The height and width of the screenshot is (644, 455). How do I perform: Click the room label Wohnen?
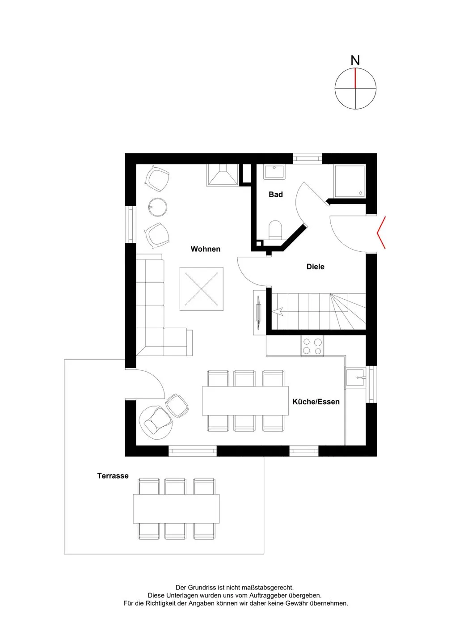click(206, 249)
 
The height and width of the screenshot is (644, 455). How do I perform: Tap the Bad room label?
click(275, 195)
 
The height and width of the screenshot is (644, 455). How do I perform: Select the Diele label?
click(315, 267)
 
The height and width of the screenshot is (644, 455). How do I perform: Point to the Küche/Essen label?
click(316, 402)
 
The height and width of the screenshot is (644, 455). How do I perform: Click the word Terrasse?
click(113, 476)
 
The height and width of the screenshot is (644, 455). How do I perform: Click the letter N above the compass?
click(355, 60)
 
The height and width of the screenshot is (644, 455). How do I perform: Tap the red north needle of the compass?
click(355, 78)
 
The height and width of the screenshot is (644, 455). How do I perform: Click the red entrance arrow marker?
click(381, 233)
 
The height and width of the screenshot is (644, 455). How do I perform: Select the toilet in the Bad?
click(275, 230)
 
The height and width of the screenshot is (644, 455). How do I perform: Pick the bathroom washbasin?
click(274, 172)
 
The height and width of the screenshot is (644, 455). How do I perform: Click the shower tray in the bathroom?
click(350, 181)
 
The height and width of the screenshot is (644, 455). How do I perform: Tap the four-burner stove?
click(312, 346)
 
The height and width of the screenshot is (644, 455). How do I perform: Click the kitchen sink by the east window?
click(355, 377)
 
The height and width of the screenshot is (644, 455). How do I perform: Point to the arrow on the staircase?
click(278, 311)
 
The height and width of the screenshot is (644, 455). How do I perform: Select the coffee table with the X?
click(202, 288)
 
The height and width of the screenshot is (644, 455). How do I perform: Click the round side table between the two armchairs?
click(158, 207)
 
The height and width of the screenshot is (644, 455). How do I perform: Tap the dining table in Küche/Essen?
click(245, 401)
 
